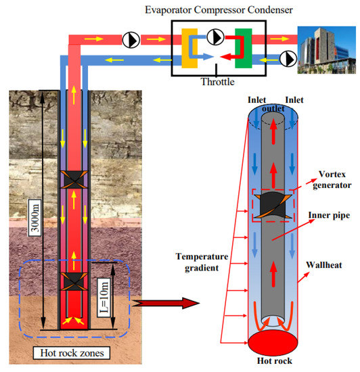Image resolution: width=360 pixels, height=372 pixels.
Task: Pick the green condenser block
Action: click(242, 43)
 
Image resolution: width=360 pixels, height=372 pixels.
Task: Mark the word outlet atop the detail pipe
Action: click(274, 108)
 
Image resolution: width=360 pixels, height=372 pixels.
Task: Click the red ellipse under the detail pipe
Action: click(273, 344)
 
